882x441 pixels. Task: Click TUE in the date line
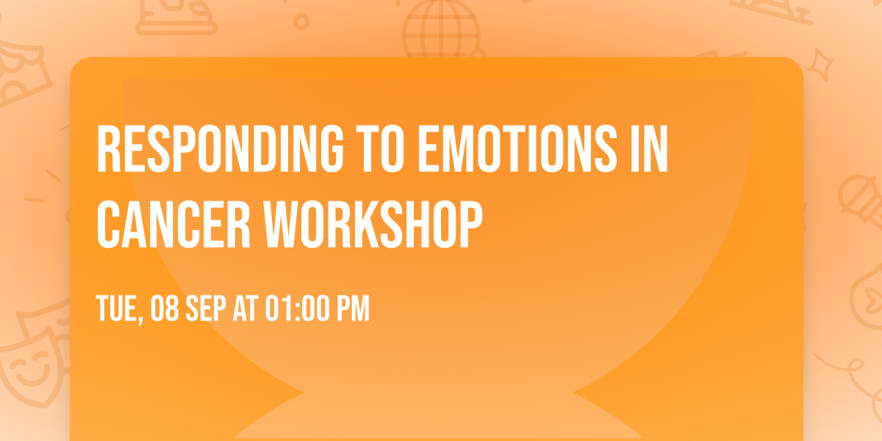(117, 309)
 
